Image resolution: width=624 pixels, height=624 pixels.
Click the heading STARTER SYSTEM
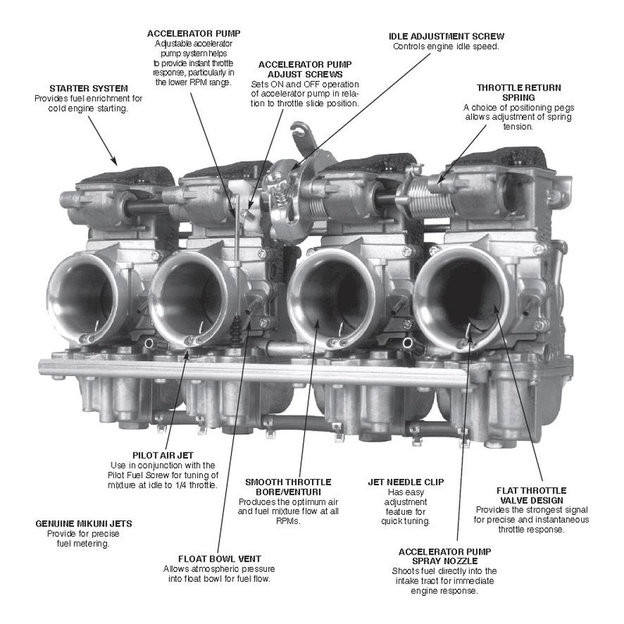click(x=88, y=88)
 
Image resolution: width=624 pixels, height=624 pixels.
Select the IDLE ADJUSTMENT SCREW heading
click(x=446, y=36)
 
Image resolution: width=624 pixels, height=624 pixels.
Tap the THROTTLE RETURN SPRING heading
click(x=519, y=92)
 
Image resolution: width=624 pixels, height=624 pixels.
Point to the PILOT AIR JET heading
click(x=163, y=456)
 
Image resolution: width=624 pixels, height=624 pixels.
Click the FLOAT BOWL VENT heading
click(x=219, y=558)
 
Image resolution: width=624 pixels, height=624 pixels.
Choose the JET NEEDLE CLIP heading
click(x=406, y=482)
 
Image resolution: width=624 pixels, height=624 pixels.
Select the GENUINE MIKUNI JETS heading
click(x=83, y=523)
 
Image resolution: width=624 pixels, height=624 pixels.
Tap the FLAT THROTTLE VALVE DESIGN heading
click(x=531, y=495)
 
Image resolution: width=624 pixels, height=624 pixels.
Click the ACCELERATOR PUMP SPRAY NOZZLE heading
click(x=445, y=556)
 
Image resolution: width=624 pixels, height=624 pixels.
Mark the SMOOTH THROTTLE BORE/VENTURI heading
click(x=288, y=487)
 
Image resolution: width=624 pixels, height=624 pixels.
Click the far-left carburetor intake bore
click(x=82, y=297)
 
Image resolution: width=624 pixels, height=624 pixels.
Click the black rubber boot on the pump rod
click(x=236, y=329)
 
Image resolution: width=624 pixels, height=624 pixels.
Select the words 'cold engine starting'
click(x=88, y=108)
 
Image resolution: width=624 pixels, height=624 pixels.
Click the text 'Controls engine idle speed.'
click(x=445, y=47)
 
